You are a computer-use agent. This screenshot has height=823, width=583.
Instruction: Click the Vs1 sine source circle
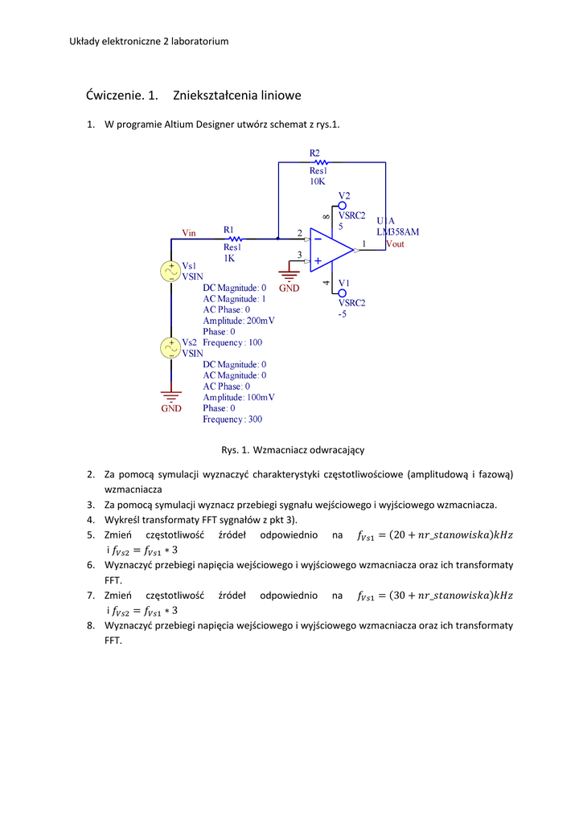[171, 271]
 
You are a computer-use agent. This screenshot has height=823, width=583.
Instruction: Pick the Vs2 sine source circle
[171, 347]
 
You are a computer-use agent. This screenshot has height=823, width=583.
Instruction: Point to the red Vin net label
[189, 233]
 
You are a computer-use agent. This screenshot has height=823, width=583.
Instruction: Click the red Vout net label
[395, 244]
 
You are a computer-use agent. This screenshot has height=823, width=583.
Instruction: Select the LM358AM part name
[398, 231]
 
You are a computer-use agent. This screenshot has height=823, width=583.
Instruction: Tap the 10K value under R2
[317, 182]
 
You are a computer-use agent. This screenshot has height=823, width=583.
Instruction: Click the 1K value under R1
[229, 259]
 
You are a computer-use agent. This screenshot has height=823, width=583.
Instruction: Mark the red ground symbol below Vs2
[170, 397]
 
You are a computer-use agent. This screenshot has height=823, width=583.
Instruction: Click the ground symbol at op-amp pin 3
[289, 276]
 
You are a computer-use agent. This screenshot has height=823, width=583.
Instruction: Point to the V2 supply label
[344, 195]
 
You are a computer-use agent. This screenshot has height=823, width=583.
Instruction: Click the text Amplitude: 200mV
[239, 320]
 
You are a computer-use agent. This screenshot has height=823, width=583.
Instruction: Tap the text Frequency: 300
[232, 419]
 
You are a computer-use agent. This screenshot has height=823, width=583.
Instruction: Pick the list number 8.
[91, 625]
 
